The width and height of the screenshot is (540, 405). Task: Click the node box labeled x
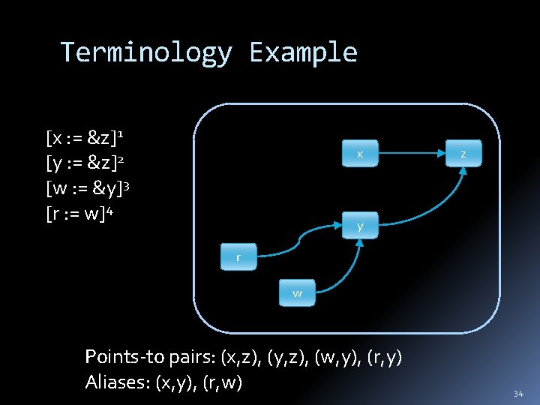pyautogui.click(x=360, y=154)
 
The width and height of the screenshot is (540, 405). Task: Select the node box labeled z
pyautogui.click(x=463, y=154)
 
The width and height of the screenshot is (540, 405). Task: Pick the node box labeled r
pyautogui.click(x=238, y=257)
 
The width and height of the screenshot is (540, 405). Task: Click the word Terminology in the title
pyautogui.click(x=146, y=52)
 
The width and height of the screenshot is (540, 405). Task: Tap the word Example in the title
pyautogui.click(x=303, y=52)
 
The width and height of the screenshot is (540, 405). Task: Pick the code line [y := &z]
pyautogui.click(x=85, y=162)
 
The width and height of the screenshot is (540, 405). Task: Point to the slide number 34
pyautogui.click(x=518, y=394)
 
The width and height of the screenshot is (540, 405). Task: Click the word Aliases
pyautogui.click(x=117, y=382)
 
